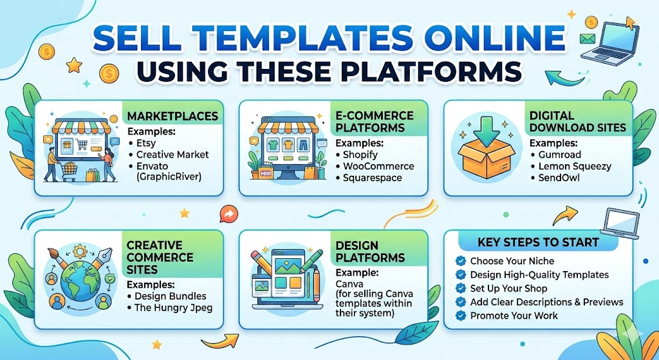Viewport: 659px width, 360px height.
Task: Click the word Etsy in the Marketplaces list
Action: click(x=146, y=143)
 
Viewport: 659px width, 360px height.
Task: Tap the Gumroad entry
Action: click(x=559, y=155)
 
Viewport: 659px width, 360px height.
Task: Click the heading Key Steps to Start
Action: click(x=538, y=242)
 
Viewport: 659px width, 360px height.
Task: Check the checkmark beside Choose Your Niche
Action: click(x=460, y=261)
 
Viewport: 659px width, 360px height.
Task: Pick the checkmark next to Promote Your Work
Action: click(x=460, y=316)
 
